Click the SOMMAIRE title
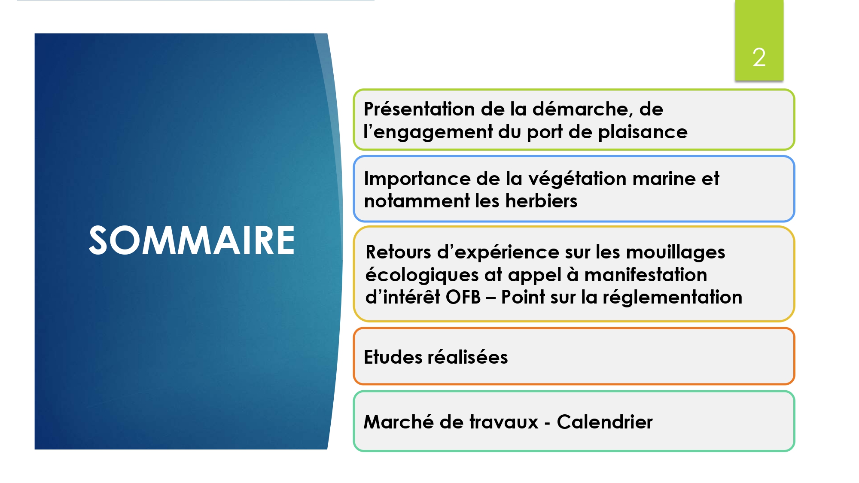[192, 240]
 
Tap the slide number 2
[759, 58]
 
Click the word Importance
[417, 179]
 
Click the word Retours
[398, 252]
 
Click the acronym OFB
[463, 297]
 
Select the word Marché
[399, 422]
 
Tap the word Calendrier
[605, 422]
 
